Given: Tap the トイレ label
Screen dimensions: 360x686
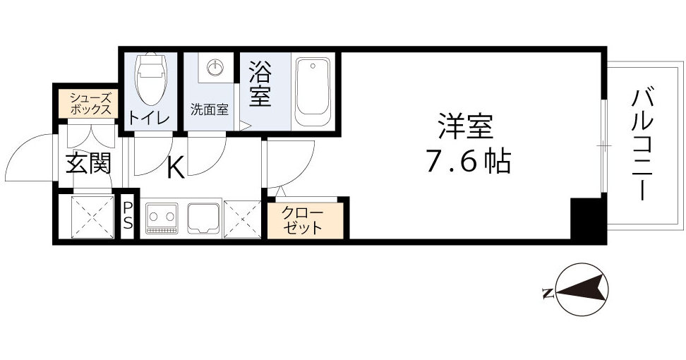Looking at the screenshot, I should point(149,118).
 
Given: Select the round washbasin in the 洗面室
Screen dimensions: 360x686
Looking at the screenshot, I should point(215,68).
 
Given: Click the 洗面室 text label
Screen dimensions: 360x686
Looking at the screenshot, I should point(209,109).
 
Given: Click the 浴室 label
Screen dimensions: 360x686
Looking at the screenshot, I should point(260,84).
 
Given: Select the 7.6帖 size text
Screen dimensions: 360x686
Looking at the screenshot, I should point(467,163).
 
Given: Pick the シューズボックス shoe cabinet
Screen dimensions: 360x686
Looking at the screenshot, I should point(90,103).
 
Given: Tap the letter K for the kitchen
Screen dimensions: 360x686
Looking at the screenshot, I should point(176,168).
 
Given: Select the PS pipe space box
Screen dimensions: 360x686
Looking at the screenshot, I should point(128,216).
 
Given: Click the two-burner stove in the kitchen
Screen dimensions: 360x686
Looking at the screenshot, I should point(163,217).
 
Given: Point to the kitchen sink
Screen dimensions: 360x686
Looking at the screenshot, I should point(204,217).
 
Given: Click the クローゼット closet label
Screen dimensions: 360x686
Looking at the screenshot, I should point(303,220).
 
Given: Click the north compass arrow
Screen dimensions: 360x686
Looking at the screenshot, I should point(583,290).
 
